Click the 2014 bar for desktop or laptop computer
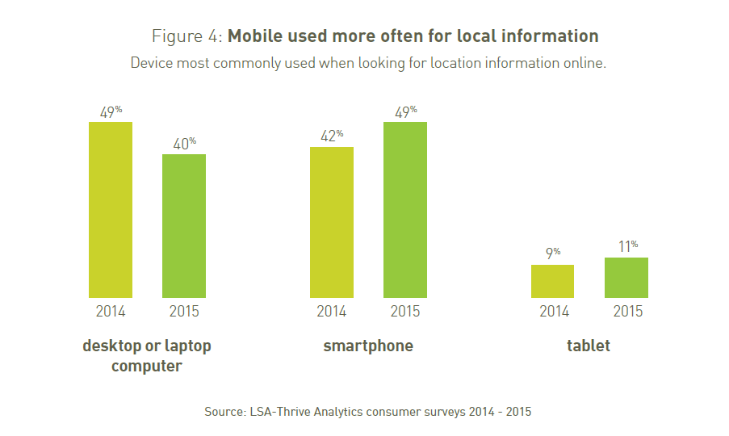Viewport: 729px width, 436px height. pos(110,210)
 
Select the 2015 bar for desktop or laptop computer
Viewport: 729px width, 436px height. pos(184,226)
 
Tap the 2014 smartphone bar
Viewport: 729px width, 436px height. pos(332,222)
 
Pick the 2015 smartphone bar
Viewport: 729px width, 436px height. pos(405,210)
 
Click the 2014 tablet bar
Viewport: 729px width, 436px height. pos(552,281)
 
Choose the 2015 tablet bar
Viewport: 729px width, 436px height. pos(626,278)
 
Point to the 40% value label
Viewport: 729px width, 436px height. pos(184,144)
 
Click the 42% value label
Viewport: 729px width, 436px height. pos(332,136)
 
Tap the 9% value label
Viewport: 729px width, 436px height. pos(552,254)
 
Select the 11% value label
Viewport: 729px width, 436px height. pos(627,246)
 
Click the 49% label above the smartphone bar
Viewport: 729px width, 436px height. pos(405,111)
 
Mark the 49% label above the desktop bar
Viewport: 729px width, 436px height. pos(110,111)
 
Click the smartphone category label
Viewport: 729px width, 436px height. pos(368,346)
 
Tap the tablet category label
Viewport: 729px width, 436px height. pos(589,346)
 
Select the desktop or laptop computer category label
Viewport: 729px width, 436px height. pos(147,356)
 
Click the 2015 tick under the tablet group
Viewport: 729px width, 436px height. pos(627,312)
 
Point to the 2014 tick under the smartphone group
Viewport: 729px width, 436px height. pos(332,312)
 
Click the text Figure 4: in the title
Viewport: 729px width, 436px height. pos(187,36)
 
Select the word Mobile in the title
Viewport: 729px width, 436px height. pos(256,36)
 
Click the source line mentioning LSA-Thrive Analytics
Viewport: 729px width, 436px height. pos(368,411)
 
